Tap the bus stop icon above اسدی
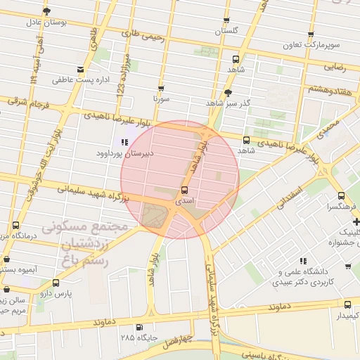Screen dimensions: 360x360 (x=184, y=190)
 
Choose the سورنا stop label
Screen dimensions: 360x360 (x=161, y=100)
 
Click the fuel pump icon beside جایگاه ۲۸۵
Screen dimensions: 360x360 (x=139, y=326)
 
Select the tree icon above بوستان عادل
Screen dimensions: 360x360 (x=47, y=11)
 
